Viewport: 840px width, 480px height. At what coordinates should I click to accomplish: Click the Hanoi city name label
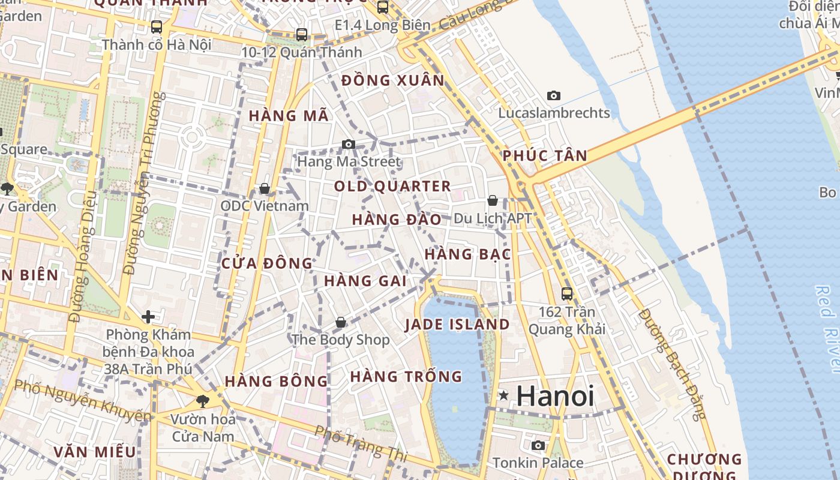click(x=555, y=396)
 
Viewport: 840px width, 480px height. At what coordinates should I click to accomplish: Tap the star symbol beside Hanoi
click(x=504, y=395)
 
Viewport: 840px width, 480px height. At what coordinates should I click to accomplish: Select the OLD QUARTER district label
click(x=392, y=186)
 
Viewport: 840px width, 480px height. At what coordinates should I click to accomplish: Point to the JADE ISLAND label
click(x=457, y=325)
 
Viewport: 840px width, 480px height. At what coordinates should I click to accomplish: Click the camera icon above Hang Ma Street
click(x=349, y=144)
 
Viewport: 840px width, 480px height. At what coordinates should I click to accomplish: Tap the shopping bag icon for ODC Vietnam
click(x=264, y=189)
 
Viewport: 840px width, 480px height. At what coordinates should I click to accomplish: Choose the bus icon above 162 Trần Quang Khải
click(x=567, y=293)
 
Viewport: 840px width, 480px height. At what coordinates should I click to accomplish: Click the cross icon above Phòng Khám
click(x=148, y=316)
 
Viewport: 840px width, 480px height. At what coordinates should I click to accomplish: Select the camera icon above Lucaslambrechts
click(x=554, y=95)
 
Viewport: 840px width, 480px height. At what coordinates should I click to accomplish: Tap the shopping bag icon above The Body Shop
click(x=341, y=322)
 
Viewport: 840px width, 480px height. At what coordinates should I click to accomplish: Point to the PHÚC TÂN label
click(x=545, y=155)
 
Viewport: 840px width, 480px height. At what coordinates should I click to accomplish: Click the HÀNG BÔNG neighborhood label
click(x=277, y=381)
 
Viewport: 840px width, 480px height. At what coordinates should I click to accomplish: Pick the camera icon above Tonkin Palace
click(x=538, y=445)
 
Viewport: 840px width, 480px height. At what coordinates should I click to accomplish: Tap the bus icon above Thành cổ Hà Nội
click(x=157, y=27)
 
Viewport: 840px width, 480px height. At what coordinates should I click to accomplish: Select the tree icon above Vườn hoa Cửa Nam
click(x=203, y=401)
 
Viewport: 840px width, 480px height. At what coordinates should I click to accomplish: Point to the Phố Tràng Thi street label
click(x=361, y=444)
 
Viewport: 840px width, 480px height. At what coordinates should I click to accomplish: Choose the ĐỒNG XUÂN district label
click(x=393, y=80)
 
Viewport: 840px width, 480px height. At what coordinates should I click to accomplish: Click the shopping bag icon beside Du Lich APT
click(x=493, y=200)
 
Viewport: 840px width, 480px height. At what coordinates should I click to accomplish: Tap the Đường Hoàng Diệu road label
click(x=83, y=256)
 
